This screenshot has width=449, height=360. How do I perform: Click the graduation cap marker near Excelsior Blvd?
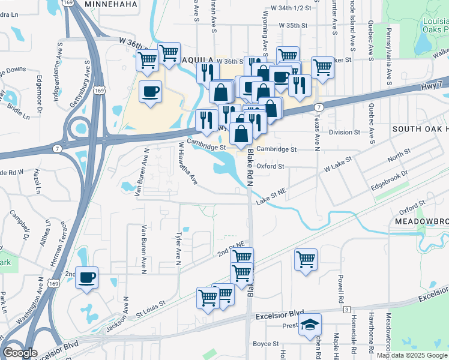pyautogui.click(x=310, y=325)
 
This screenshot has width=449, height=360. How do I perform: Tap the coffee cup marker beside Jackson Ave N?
pyautogui.click(x=86, y=278)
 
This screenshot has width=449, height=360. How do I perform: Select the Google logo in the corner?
pyautogui.click(x=20, y=353)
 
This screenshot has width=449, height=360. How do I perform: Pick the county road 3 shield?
pyautogui.click(x=347, y=309)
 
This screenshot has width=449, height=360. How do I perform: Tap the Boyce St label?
pyautogui.click(x=262, y=344)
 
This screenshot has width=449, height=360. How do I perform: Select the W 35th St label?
pyautogui.click(x=294, y=26)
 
